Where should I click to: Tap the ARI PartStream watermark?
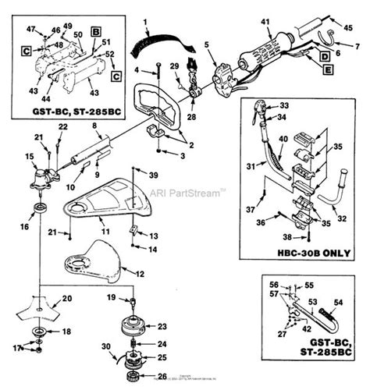[x=187, y=190]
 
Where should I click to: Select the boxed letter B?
[x=95, y=33]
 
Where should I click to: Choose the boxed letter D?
[x=323, y=55]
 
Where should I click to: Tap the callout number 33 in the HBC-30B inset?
[x=283, y=105]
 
